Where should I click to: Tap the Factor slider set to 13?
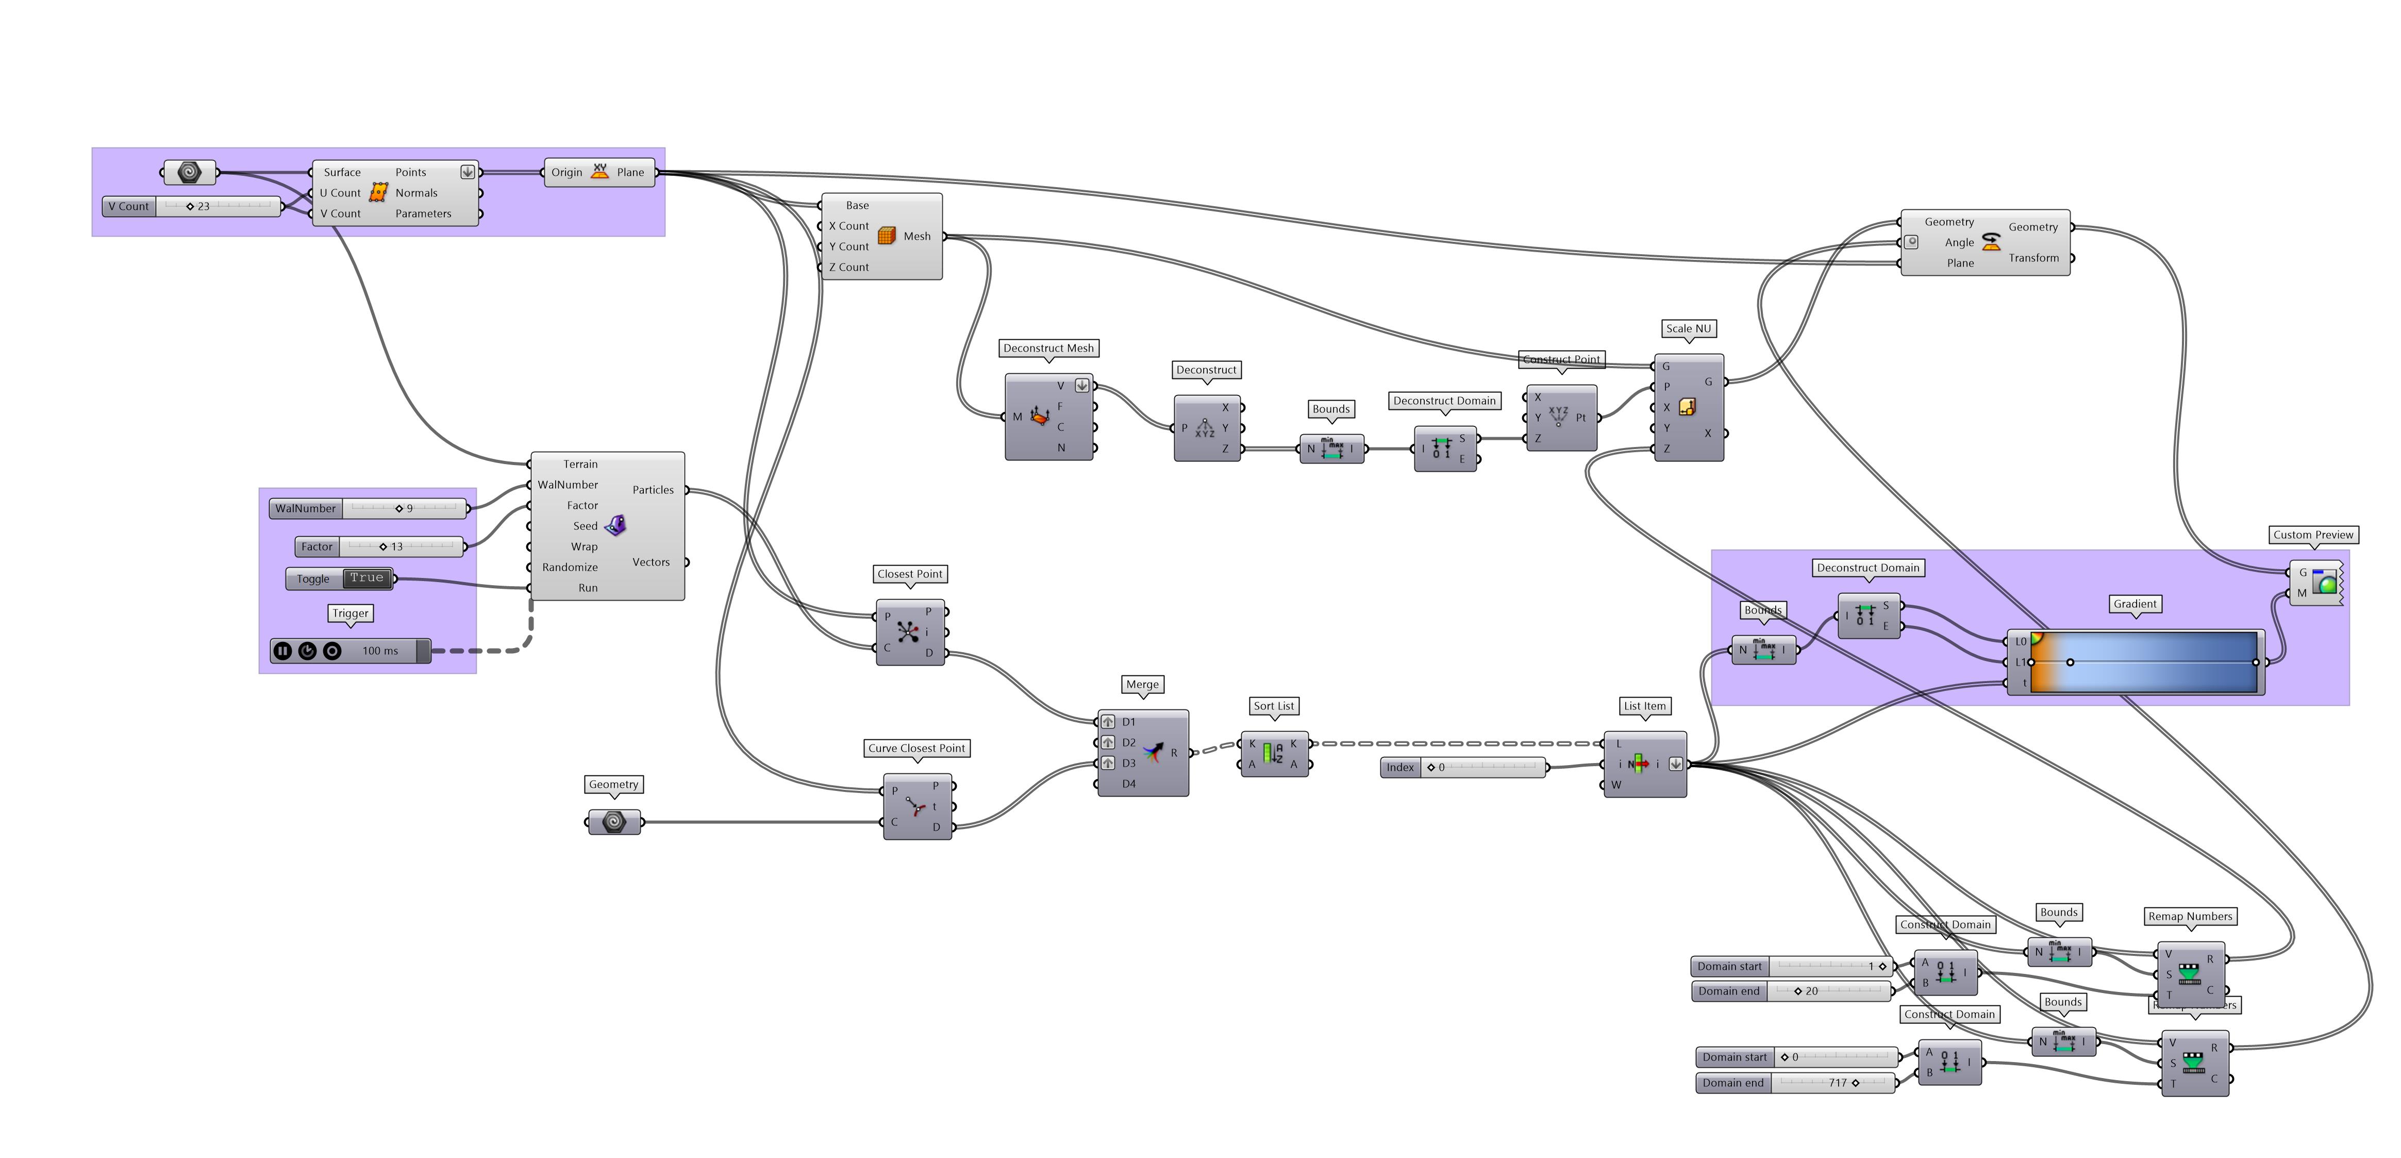401,547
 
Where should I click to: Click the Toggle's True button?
366,578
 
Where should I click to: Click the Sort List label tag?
1274,706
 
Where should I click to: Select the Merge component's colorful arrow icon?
1154,752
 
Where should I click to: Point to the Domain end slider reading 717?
1831,1083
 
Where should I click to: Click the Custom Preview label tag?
2312,534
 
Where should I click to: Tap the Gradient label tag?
2135,604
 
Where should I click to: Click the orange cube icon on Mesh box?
887,236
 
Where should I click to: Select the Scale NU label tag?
1688,328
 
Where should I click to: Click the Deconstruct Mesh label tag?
1047,348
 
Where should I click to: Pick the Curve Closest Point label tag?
916,748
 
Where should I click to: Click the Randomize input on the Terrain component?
570,567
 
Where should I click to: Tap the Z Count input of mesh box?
847,267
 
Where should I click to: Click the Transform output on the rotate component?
2034,258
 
